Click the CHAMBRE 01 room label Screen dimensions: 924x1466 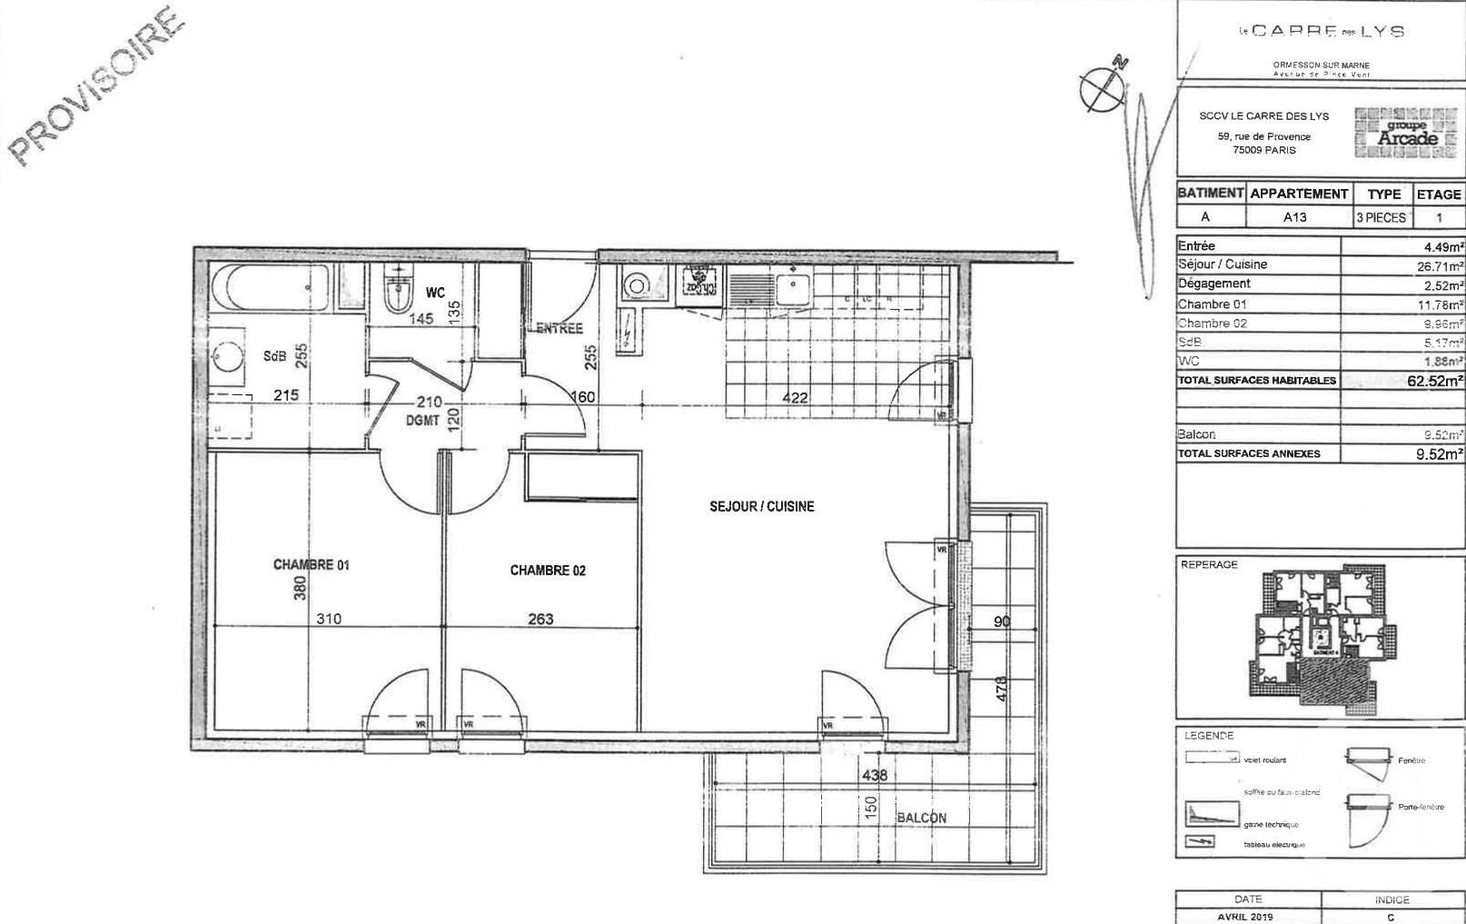coord(311,564)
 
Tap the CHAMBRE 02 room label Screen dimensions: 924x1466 coord(548,571)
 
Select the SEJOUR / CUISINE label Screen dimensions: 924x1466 coord(761,506)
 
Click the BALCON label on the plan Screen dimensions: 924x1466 coord(921,818)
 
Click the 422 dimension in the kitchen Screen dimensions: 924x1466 coord(795,397)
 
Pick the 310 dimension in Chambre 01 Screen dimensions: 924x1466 coord(329,619)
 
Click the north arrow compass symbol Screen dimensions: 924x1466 coord(1102,85)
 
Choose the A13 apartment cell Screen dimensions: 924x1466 coord(1294,217)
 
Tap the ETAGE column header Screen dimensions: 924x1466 coord(1439,194)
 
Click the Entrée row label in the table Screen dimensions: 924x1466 coord(1196,246)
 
